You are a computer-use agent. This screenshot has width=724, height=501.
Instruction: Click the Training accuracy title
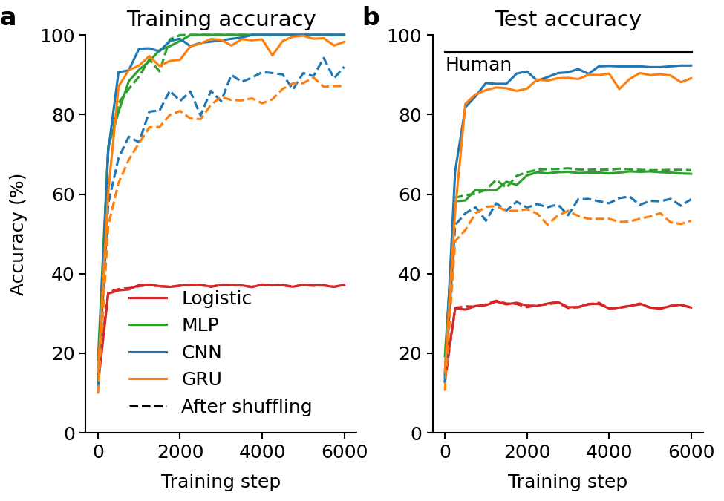point(221,19)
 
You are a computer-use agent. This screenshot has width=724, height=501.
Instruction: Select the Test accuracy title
point(568,19)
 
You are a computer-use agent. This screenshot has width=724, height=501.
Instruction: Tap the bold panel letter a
point(8,19)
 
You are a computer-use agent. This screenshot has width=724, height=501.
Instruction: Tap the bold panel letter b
point(371,18)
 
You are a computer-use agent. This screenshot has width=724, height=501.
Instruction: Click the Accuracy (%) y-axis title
point(17,235)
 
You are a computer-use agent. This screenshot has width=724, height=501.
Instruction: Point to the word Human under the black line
point(478,65)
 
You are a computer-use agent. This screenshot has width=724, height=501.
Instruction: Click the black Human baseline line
point(568,52)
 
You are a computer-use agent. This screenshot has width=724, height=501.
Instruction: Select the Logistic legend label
point(217,298)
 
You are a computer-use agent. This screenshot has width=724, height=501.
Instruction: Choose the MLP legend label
point(200,325)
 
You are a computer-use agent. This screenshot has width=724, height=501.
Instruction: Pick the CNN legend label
point(201,352)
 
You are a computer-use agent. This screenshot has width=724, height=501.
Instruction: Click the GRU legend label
point(202,379)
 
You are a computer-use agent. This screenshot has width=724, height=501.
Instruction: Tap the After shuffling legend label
point(247,407)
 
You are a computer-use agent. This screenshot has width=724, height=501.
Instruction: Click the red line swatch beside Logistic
point(148,298)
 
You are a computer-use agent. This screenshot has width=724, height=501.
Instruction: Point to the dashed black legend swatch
point(148,407)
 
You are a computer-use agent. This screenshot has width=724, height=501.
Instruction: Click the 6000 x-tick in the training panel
point(345,451)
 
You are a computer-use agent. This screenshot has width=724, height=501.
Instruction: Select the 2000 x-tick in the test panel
point(526,451)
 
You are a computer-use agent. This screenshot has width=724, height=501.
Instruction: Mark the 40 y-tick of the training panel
point(64,274)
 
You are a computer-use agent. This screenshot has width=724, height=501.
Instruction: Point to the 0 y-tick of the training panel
point(70,433)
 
